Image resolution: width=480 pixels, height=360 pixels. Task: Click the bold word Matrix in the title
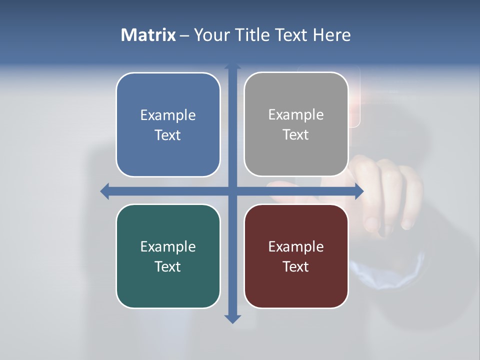click(148, 35)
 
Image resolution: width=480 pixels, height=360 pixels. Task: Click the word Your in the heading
click(212, 35)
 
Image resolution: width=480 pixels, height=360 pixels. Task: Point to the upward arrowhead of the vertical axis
click(232, 66)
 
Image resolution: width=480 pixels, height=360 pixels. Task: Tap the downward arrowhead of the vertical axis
click(232, 319)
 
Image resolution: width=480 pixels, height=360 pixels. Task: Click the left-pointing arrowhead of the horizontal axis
click(105, 191)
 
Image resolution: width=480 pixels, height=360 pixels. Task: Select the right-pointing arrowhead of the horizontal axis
click(358, 191)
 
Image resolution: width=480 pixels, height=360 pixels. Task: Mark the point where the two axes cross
click(232, 191)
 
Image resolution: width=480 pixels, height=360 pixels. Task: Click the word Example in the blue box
click(168, 115)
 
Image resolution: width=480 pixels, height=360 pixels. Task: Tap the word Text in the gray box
click(296, 135)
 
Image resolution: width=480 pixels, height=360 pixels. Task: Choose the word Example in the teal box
click(168, 246)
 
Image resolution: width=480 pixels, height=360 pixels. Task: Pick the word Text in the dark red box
click(296, 266)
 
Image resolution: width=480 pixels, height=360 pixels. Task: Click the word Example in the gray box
click(296, 115)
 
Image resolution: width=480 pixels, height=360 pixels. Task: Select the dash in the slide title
click(185, 35)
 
